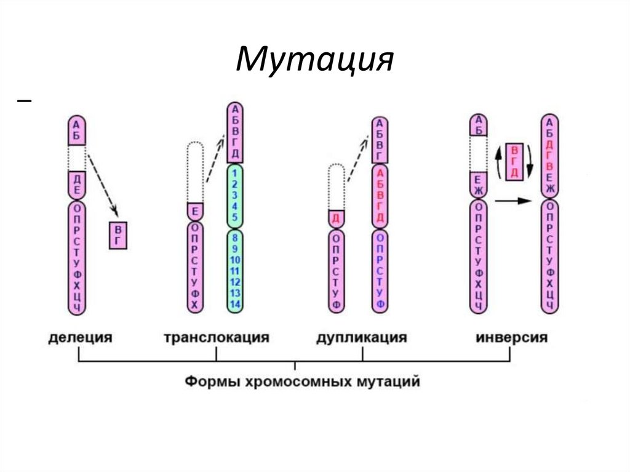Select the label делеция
pos(80,338)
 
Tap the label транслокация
pos(217,338)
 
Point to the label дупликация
pos(362,338)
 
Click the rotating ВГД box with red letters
pos(514,161)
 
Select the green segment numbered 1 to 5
pos(235,195)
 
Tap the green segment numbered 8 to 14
pos(235,271)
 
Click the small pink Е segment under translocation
pos(194,212)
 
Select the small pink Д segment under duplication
pos(335,219)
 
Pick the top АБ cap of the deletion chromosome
pos(76,130)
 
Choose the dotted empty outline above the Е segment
pos(194,172)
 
